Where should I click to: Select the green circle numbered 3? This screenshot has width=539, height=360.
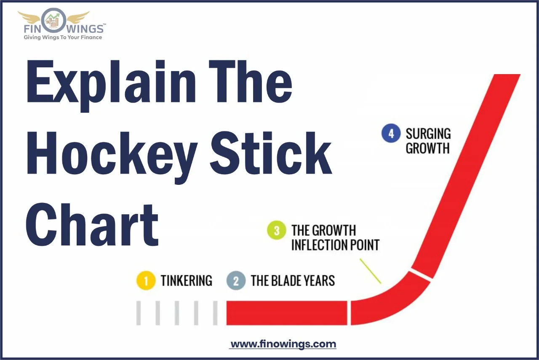277,231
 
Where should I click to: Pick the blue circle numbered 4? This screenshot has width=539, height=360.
390,134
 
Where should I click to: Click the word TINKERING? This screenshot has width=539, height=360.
186,281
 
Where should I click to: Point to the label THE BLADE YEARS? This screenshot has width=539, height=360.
293,281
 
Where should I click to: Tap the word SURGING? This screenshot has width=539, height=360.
428,134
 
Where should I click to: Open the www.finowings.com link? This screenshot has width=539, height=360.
283,344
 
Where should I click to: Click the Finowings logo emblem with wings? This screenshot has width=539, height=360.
53,20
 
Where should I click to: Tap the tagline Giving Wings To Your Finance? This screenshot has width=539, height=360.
63,37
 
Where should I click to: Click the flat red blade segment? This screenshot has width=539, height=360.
286,313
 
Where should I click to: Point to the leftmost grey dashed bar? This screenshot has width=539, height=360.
139,313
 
